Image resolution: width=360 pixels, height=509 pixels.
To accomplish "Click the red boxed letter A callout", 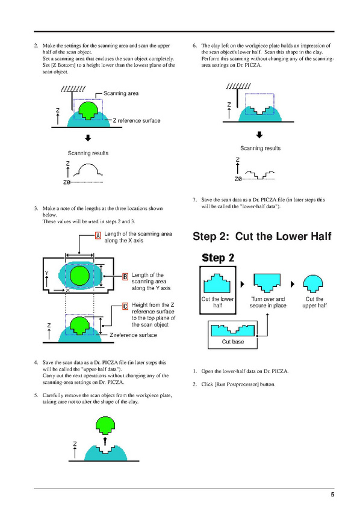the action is click(98, 235).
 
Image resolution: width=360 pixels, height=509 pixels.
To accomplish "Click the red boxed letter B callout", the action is click(125, 277).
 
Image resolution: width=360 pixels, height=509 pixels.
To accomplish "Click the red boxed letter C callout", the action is click(125, 306).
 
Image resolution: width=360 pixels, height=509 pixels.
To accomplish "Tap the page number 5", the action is click(332, 495).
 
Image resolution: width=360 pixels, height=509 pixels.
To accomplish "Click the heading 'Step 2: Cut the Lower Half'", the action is click(262, 236).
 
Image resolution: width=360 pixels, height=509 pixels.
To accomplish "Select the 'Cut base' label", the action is click(233, 342).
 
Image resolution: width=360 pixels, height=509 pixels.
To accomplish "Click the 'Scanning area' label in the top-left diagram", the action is click(121, 93).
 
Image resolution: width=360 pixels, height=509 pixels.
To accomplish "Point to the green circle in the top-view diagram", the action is click(79, 276).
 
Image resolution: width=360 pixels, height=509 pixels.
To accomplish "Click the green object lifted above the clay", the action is click(105, 425).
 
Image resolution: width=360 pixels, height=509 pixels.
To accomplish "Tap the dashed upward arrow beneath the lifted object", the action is click(105, 441).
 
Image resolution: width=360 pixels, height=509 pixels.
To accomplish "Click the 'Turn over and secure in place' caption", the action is click(268, 302).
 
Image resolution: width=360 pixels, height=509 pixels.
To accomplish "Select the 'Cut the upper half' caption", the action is click(314, 302).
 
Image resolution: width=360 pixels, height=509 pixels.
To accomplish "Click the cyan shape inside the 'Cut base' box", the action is click(232, 330).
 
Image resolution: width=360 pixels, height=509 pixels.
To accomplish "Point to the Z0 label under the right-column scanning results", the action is click(238, 179).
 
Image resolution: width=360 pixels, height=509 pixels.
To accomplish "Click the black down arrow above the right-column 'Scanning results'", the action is click(259, 135).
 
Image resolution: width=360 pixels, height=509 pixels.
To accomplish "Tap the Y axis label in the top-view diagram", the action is click(47, 273).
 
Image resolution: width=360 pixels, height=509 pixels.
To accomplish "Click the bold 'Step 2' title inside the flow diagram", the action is click(218, 258).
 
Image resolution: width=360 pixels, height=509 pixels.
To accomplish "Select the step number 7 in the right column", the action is click(194, 200).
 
